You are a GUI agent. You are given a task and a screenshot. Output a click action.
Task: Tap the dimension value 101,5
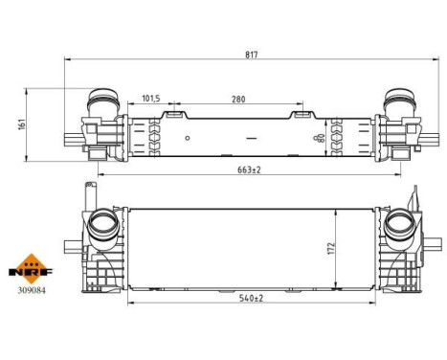coord(150,98)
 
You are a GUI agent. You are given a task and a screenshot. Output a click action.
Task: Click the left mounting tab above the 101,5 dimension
coord(174,114)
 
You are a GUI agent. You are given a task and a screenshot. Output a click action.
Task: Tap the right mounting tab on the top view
coord(301,114)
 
